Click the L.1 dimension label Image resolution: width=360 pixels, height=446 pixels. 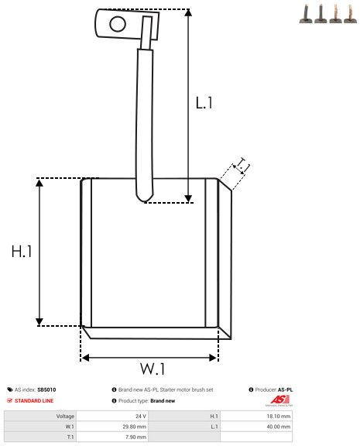pyautogui.click(x=204, y=102)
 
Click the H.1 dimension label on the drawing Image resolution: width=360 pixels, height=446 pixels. pyautogui.click(x=22, y=252)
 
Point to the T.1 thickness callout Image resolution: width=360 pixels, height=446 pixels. pyautogui.click(x=242, y=166)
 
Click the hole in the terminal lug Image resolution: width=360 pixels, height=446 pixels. pyautogui.click(x=117, y=24)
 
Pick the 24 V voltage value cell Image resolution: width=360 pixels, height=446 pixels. pyautogui.click(x=140, y=416)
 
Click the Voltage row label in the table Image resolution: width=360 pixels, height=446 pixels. pyautogui.click(x=65, y=416)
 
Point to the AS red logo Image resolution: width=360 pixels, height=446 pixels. pyautogui.click(x=279, y=400)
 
